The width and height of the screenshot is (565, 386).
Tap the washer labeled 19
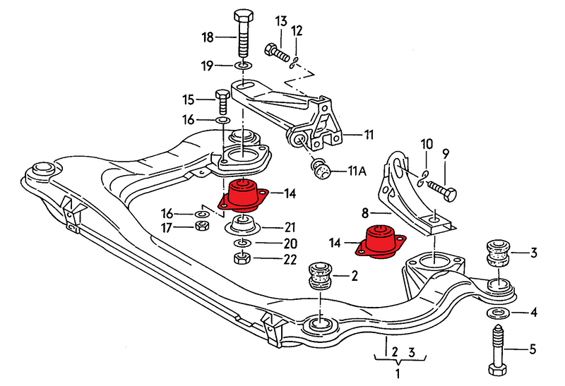coord(242,67)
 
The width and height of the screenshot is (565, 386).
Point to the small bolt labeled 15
coord(220,102)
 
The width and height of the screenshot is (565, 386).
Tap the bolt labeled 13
coord(276,51)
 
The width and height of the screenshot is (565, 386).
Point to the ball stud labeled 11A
coord(322,169)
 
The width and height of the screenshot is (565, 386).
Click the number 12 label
coord(297,30)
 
